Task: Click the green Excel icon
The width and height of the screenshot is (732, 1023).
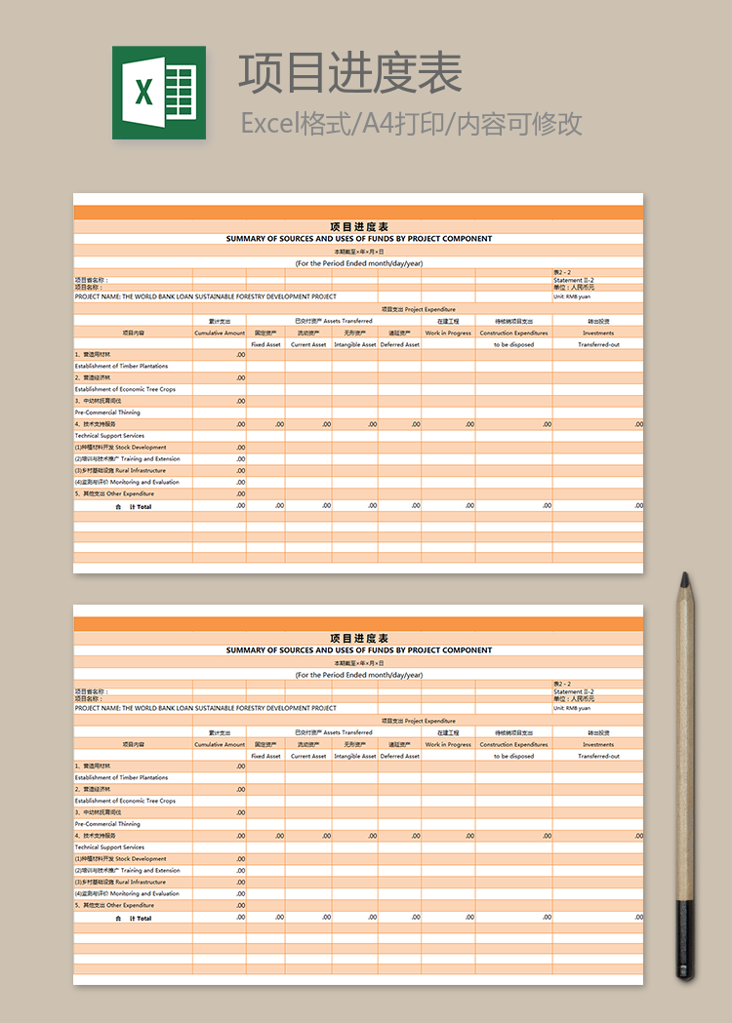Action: [158, 93]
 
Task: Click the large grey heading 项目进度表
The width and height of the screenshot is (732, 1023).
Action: [350, 73]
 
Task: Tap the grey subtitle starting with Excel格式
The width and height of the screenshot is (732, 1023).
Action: [411, 124]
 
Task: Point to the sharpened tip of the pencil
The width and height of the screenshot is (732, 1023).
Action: [685, 576]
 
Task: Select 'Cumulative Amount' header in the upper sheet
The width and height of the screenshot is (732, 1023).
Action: [220, 333]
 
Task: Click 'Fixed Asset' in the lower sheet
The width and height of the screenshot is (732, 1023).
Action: [265, 756]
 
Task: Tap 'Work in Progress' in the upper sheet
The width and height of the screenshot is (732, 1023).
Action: [448, 333]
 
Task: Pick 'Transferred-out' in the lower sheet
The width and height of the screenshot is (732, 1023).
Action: [598, 756]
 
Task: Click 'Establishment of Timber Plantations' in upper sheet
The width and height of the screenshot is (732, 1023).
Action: [121, 366]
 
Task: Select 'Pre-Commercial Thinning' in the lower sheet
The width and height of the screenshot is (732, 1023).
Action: [107, 824]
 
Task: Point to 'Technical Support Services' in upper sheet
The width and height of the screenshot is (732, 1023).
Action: [109, 436]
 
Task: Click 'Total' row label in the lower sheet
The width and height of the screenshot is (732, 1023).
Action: [143, 918]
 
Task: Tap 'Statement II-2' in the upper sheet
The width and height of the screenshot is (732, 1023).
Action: [574, 281]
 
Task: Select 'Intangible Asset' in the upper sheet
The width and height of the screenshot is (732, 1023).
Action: [354, 344]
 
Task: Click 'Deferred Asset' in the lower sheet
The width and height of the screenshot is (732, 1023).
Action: [399, 756]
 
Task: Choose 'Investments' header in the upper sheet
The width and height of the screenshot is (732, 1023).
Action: [598, 333]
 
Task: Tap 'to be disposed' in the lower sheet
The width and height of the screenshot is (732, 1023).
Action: [513, 756]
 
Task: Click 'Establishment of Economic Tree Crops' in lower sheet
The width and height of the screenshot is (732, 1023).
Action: [125, 801]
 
